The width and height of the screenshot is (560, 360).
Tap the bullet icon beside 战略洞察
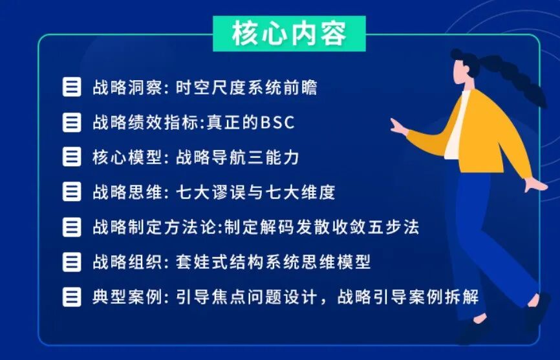pyautogui.click(x=72, y=88)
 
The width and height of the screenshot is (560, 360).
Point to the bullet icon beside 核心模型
pyautogui.click(x=72, y=158)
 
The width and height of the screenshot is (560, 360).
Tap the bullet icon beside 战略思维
pyautogui.click(x=72, y=193)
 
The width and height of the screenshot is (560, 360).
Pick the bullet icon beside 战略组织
pyautogui.click(x=72, y=262)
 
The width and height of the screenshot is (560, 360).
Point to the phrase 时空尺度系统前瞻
pyautogui.click(x=246, y=88)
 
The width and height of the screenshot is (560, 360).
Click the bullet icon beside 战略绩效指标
pyautogui.click(x=72, y=123)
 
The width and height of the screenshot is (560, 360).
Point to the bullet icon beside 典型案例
pyautogui.click(x=72, y=297)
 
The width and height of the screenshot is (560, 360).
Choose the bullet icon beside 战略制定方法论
pyautogui.click(x=72, y=228)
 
